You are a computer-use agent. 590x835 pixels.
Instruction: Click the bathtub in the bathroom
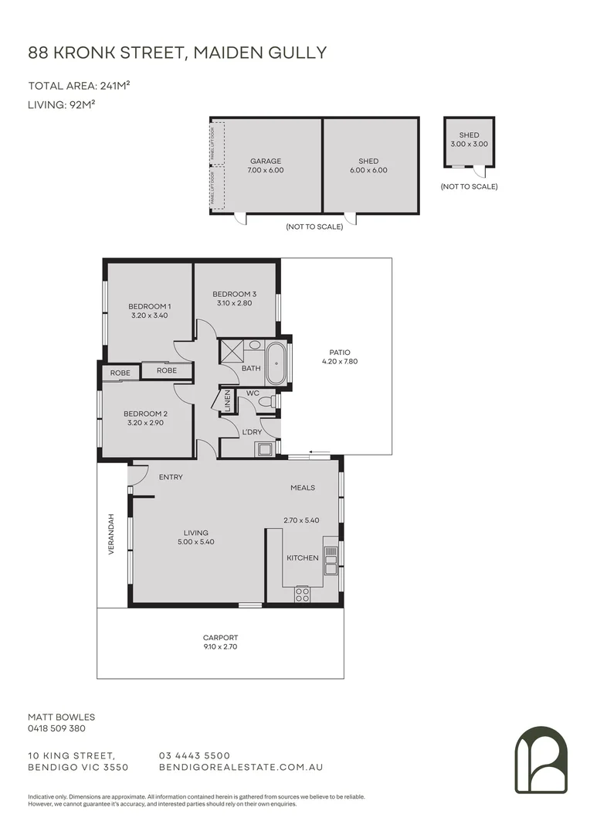(x=276, y=366)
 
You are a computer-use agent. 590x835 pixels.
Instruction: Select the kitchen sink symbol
(x=331, y=561)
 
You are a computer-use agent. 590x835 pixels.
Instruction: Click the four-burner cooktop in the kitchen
(x=303, y=595)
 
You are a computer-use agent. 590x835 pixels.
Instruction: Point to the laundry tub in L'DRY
(x=266, y=448)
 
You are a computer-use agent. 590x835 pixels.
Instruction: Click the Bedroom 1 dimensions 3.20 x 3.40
(x=149, y=315)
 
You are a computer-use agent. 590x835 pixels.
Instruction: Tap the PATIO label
(x=341, y=353)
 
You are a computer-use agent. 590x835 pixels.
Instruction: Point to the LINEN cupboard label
(x=228, y=400)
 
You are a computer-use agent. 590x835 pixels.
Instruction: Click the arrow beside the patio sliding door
(x=320, y=452)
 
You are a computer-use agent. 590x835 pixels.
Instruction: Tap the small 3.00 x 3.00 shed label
(x=470, y=145)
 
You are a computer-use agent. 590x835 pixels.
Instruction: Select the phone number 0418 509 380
(x=57, y=728)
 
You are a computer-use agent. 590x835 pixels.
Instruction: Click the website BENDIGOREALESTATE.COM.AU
(x=240, y=768)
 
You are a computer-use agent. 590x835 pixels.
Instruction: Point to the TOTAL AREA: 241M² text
(x=79, y=86)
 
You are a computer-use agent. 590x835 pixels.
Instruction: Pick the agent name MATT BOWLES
(x=61, y=717)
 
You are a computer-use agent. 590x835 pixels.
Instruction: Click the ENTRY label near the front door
(x=171, y=477)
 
